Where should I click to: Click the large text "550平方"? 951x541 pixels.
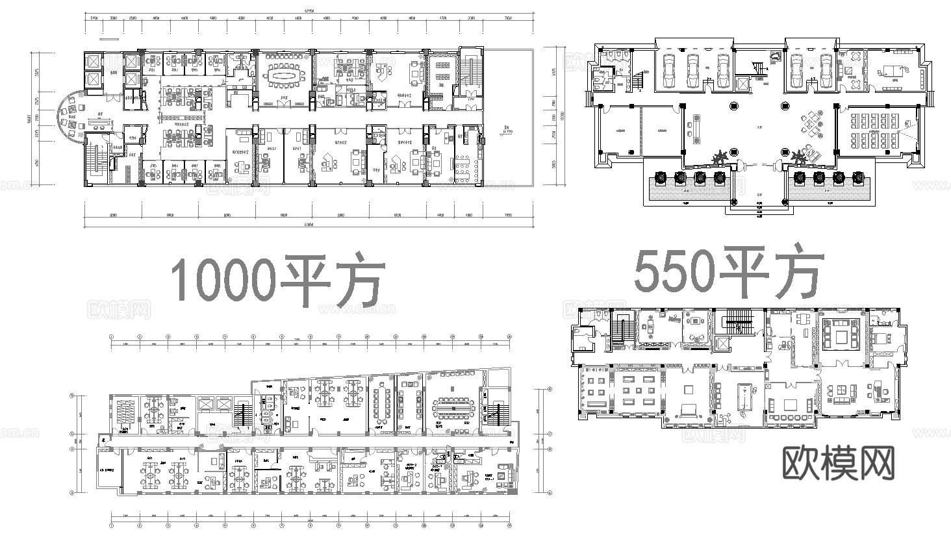[x=729, y=271]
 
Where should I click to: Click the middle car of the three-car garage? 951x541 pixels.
[x=693, y=69]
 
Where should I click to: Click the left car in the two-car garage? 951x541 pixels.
[x=797, y=69]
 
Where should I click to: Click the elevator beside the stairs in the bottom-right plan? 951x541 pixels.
[x=723, y=344]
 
